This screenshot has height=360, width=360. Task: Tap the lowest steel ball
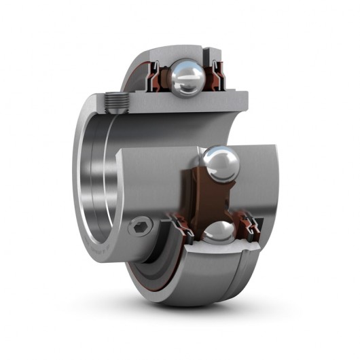[217, 232]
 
